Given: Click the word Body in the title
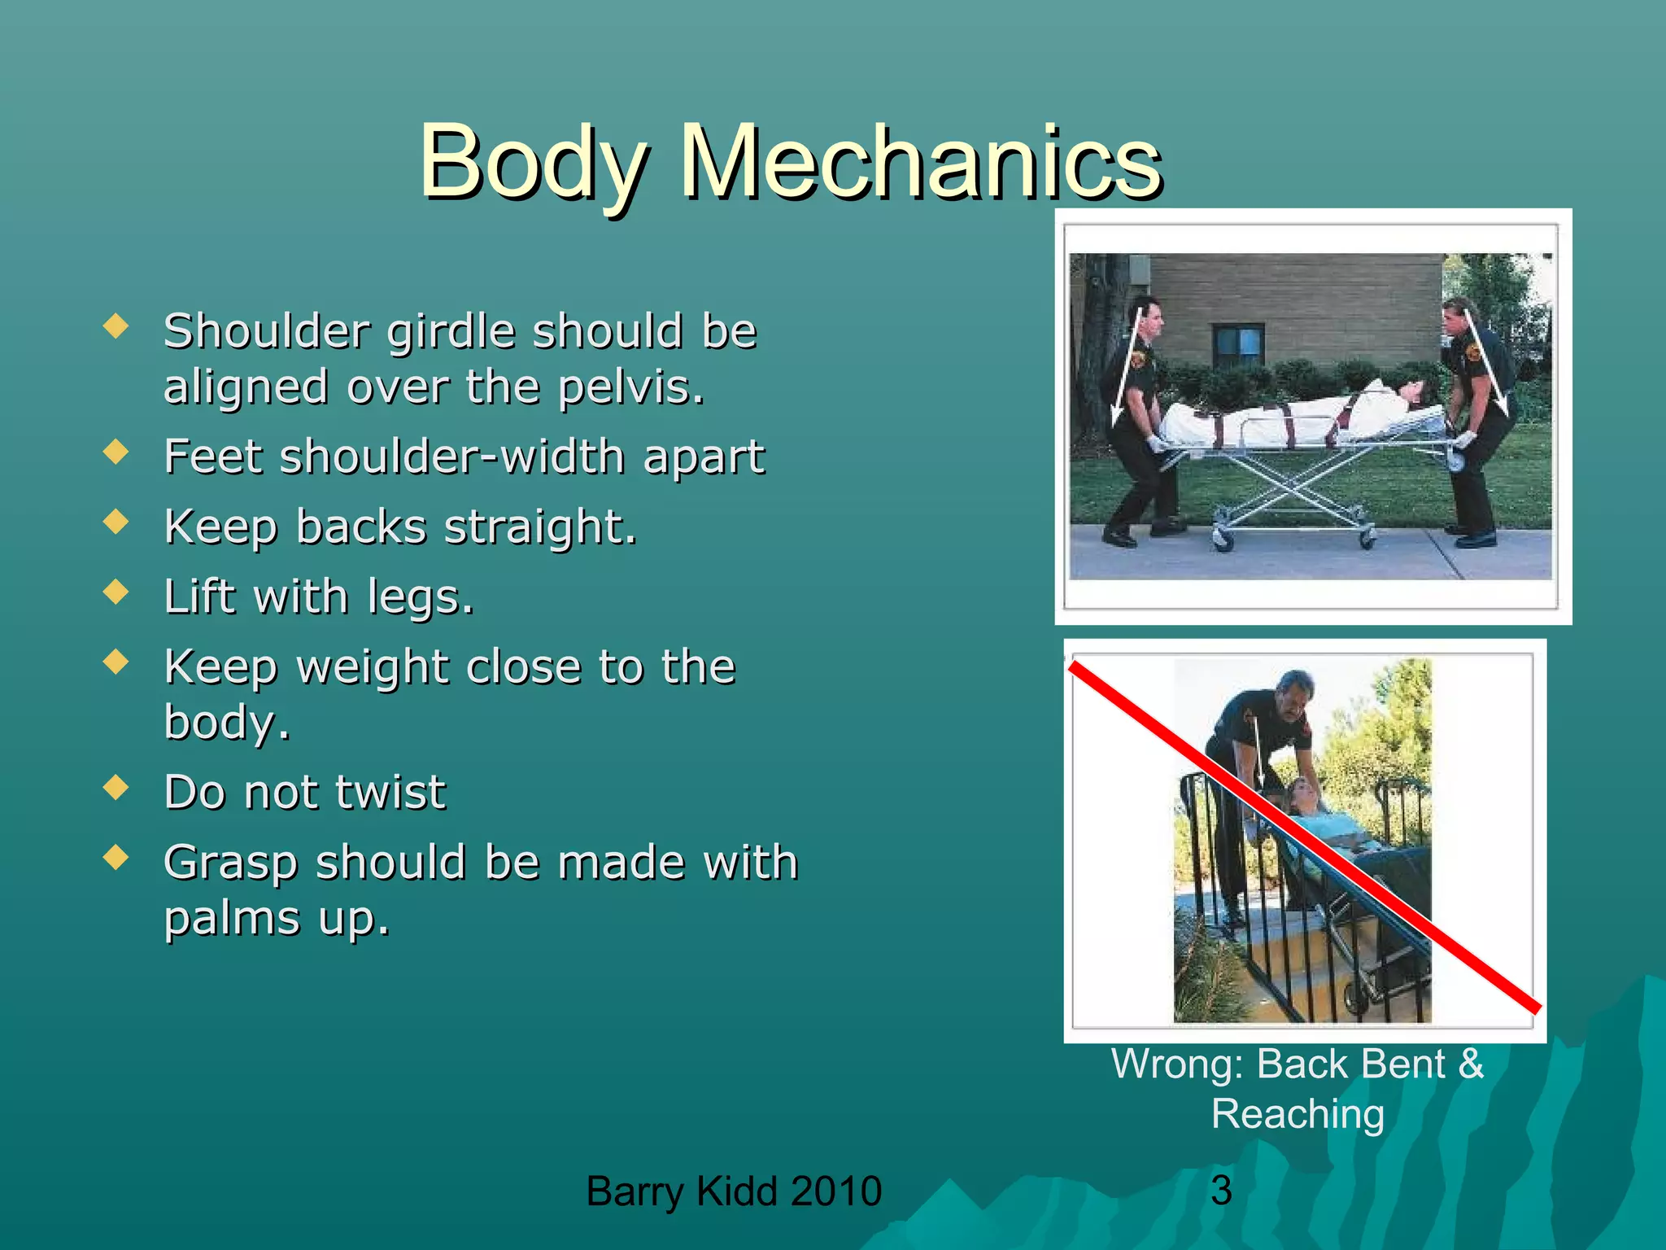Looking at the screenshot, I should pos(533,163).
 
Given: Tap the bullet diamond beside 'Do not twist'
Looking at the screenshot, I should pos(116,787).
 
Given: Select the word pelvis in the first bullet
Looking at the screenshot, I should pos(630,387).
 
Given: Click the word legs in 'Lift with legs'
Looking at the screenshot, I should pos(420,597).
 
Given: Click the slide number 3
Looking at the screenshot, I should pos(1221,1191).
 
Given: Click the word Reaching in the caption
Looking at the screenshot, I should pos(1297,1114).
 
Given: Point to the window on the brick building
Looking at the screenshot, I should pos(1237,344).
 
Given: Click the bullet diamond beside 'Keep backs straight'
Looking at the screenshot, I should pos(116,522).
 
